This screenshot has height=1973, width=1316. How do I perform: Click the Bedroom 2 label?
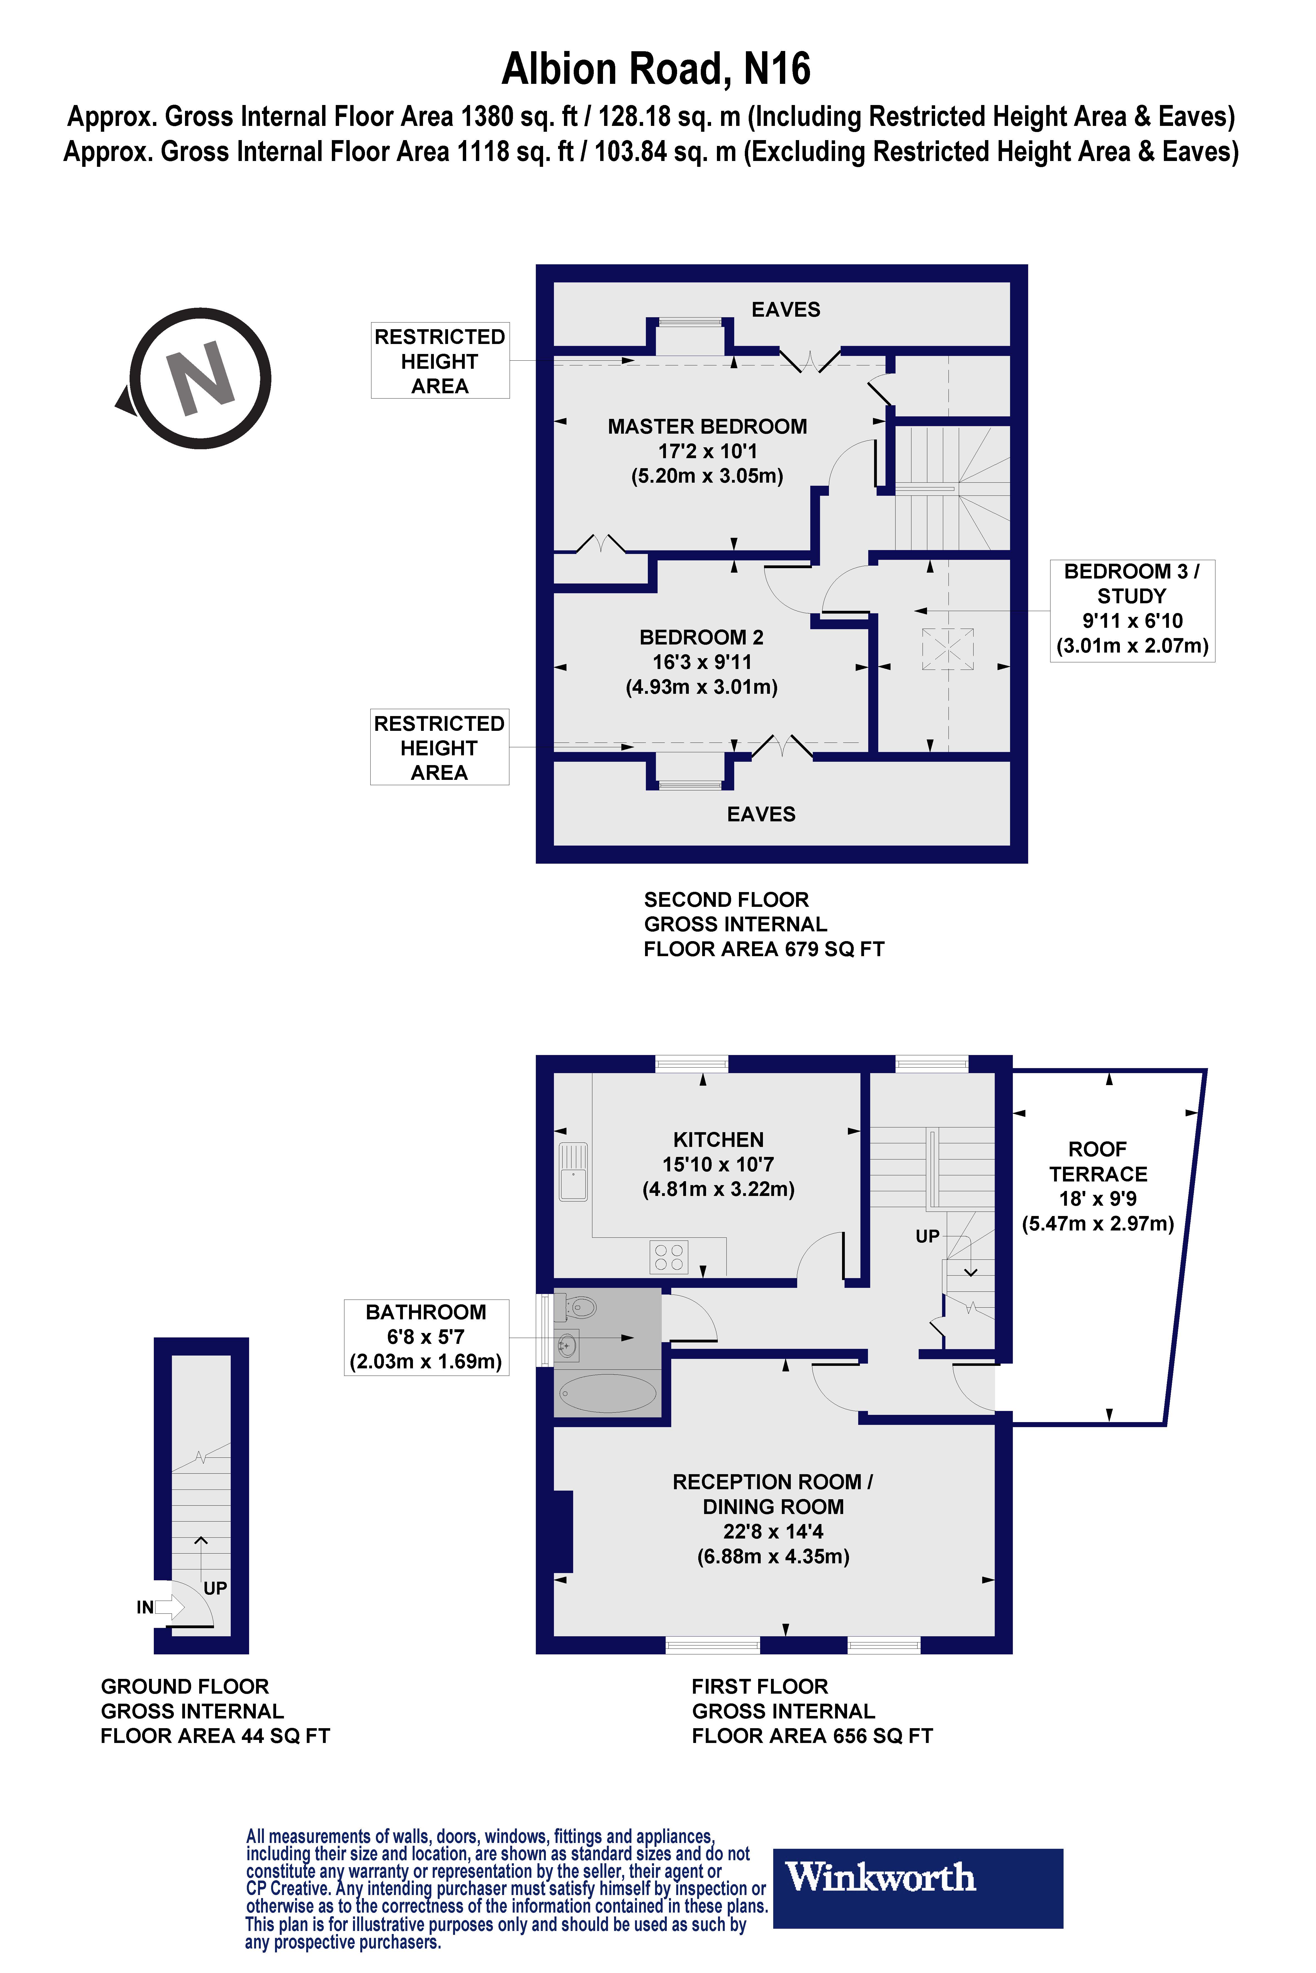[702, 662]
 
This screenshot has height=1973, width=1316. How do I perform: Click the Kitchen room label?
[718, 1164]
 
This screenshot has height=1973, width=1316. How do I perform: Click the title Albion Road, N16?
[656, 69]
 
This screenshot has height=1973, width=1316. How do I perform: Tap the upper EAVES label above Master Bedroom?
[785, 309]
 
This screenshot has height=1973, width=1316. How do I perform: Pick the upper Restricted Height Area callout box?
[440, 361]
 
